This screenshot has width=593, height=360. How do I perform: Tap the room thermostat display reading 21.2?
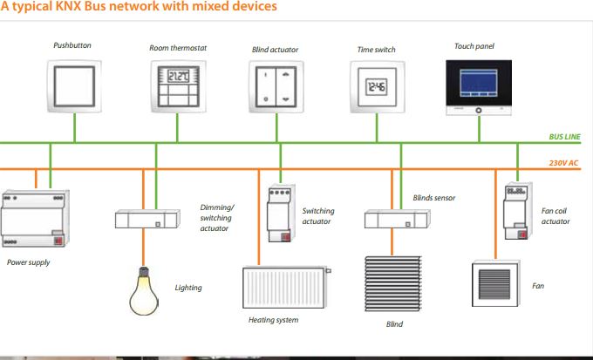pyautogui.click(x=178, y=76)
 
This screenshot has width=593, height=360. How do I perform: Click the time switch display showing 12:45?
pyautogui.click(x=377, y=87)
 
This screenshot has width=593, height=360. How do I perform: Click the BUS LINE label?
pyautogui.click(x=564, y=137)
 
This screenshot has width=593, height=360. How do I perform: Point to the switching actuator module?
pyautogui.click(x=280, y=209)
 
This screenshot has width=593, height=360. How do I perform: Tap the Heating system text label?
pyautogui.click(x=273, y=321)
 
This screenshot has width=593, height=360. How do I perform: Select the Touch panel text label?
pyautogui.click(x=475, y=45)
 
